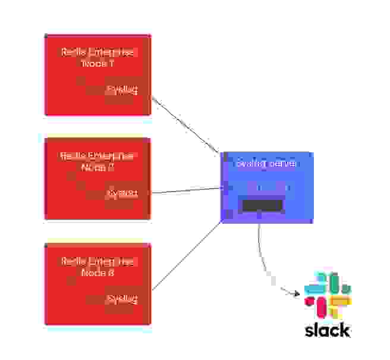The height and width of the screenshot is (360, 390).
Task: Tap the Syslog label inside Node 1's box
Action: pyautogui.click(x=121, y=90)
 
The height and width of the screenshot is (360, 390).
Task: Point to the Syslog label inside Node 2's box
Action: pyautogui.click(x=121, y=193)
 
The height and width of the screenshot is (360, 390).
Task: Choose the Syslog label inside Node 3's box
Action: pyautogui.click(x=121, y=299)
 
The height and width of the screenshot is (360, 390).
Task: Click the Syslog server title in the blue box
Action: pyautogui.click(x=266, y=163)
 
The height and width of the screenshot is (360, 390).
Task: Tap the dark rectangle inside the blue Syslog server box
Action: pyautogui.click(x=262, y=205)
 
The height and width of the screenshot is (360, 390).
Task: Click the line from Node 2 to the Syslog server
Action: pyautogui.click(x=186, y=190)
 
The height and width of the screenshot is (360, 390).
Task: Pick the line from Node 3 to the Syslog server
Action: pyautogui.click(x=186, y=256)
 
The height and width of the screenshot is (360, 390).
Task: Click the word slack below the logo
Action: pyautogui.click(x=328, y=330)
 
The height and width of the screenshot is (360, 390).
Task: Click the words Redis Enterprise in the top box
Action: pyautogui.click(x=99, y=52)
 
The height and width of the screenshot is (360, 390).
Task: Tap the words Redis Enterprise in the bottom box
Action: pyautogui.click(x=99, y=262)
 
